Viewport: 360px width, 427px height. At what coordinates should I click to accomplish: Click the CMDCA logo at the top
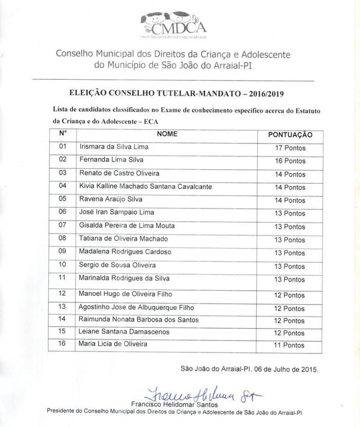tap(173, 24)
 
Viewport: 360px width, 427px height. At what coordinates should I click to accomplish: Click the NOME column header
tap(167, 134)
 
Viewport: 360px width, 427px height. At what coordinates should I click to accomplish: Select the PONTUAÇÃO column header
tap(290, 134)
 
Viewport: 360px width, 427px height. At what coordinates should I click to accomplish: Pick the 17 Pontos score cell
tap(290, 148)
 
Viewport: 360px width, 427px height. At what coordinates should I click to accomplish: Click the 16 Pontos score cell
tap(290, 161)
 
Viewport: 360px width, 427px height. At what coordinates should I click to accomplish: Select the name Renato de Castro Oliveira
tap(119, 173)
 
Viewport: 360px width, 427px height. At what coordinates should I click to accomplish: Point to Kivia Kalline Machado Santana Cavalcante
tap(146, 186)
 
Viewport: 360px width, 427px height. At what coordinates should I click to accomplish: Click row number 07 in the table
tap(63, 225)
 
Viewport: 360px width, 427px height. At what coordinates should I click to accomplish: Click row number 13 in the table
tap(63, 307)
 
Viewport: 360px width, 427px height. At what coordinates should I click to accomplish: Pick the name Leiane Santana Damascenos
tap(124, 332)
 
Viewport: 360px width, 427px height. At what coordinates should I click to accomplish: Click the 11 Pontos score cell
tap(290, 345)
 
